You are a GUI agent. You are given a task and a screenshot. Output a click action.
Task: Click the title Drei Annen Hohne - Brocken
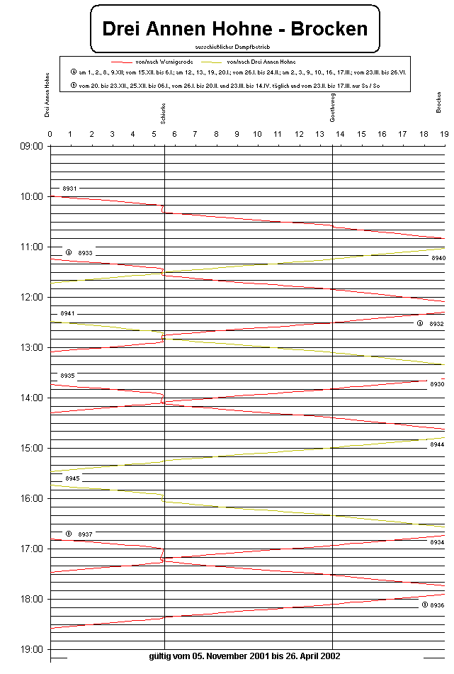point(235,28)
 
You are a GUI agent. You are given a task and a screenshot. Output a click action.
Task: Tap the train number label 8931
point(69,189)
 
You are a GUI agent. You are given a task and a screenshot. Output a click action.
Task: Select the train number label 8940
point(437,259)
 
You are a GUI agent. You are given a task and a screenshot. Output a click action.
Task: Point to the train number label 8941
point(67,313)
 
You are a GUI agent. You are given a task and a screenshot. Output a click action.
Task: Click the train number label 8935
point(67,376)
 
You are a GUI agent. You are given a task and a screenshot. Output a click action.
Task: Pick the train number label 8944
point(436,444)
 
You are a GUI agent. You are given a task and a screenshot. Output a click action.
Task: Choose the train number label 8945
point(72,479)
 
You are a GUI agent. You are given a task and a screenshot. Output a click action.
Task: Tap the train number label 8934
point(437,542)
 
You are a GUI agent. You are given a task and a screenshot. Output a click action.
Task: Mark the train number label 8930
point(437,384)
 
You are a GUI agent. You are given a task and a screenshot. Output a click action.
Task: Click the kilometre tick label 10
point(257,134)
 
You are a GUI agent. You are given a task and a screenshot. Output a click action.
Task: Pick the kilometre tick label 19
point(443,134)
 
